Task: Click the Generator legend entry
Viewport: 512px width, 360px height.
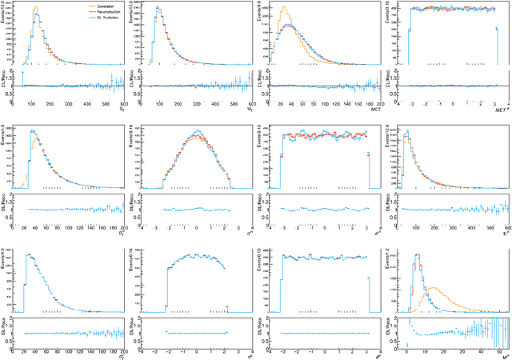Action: point(80,6)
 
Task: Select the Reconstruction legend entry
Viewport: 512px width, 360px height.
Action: point(83,11)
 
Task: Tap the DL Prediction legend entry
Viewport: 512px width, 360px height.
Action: point(82,17)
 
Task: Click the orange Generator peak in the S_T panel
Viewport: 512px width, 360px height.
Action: point(34,10)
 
